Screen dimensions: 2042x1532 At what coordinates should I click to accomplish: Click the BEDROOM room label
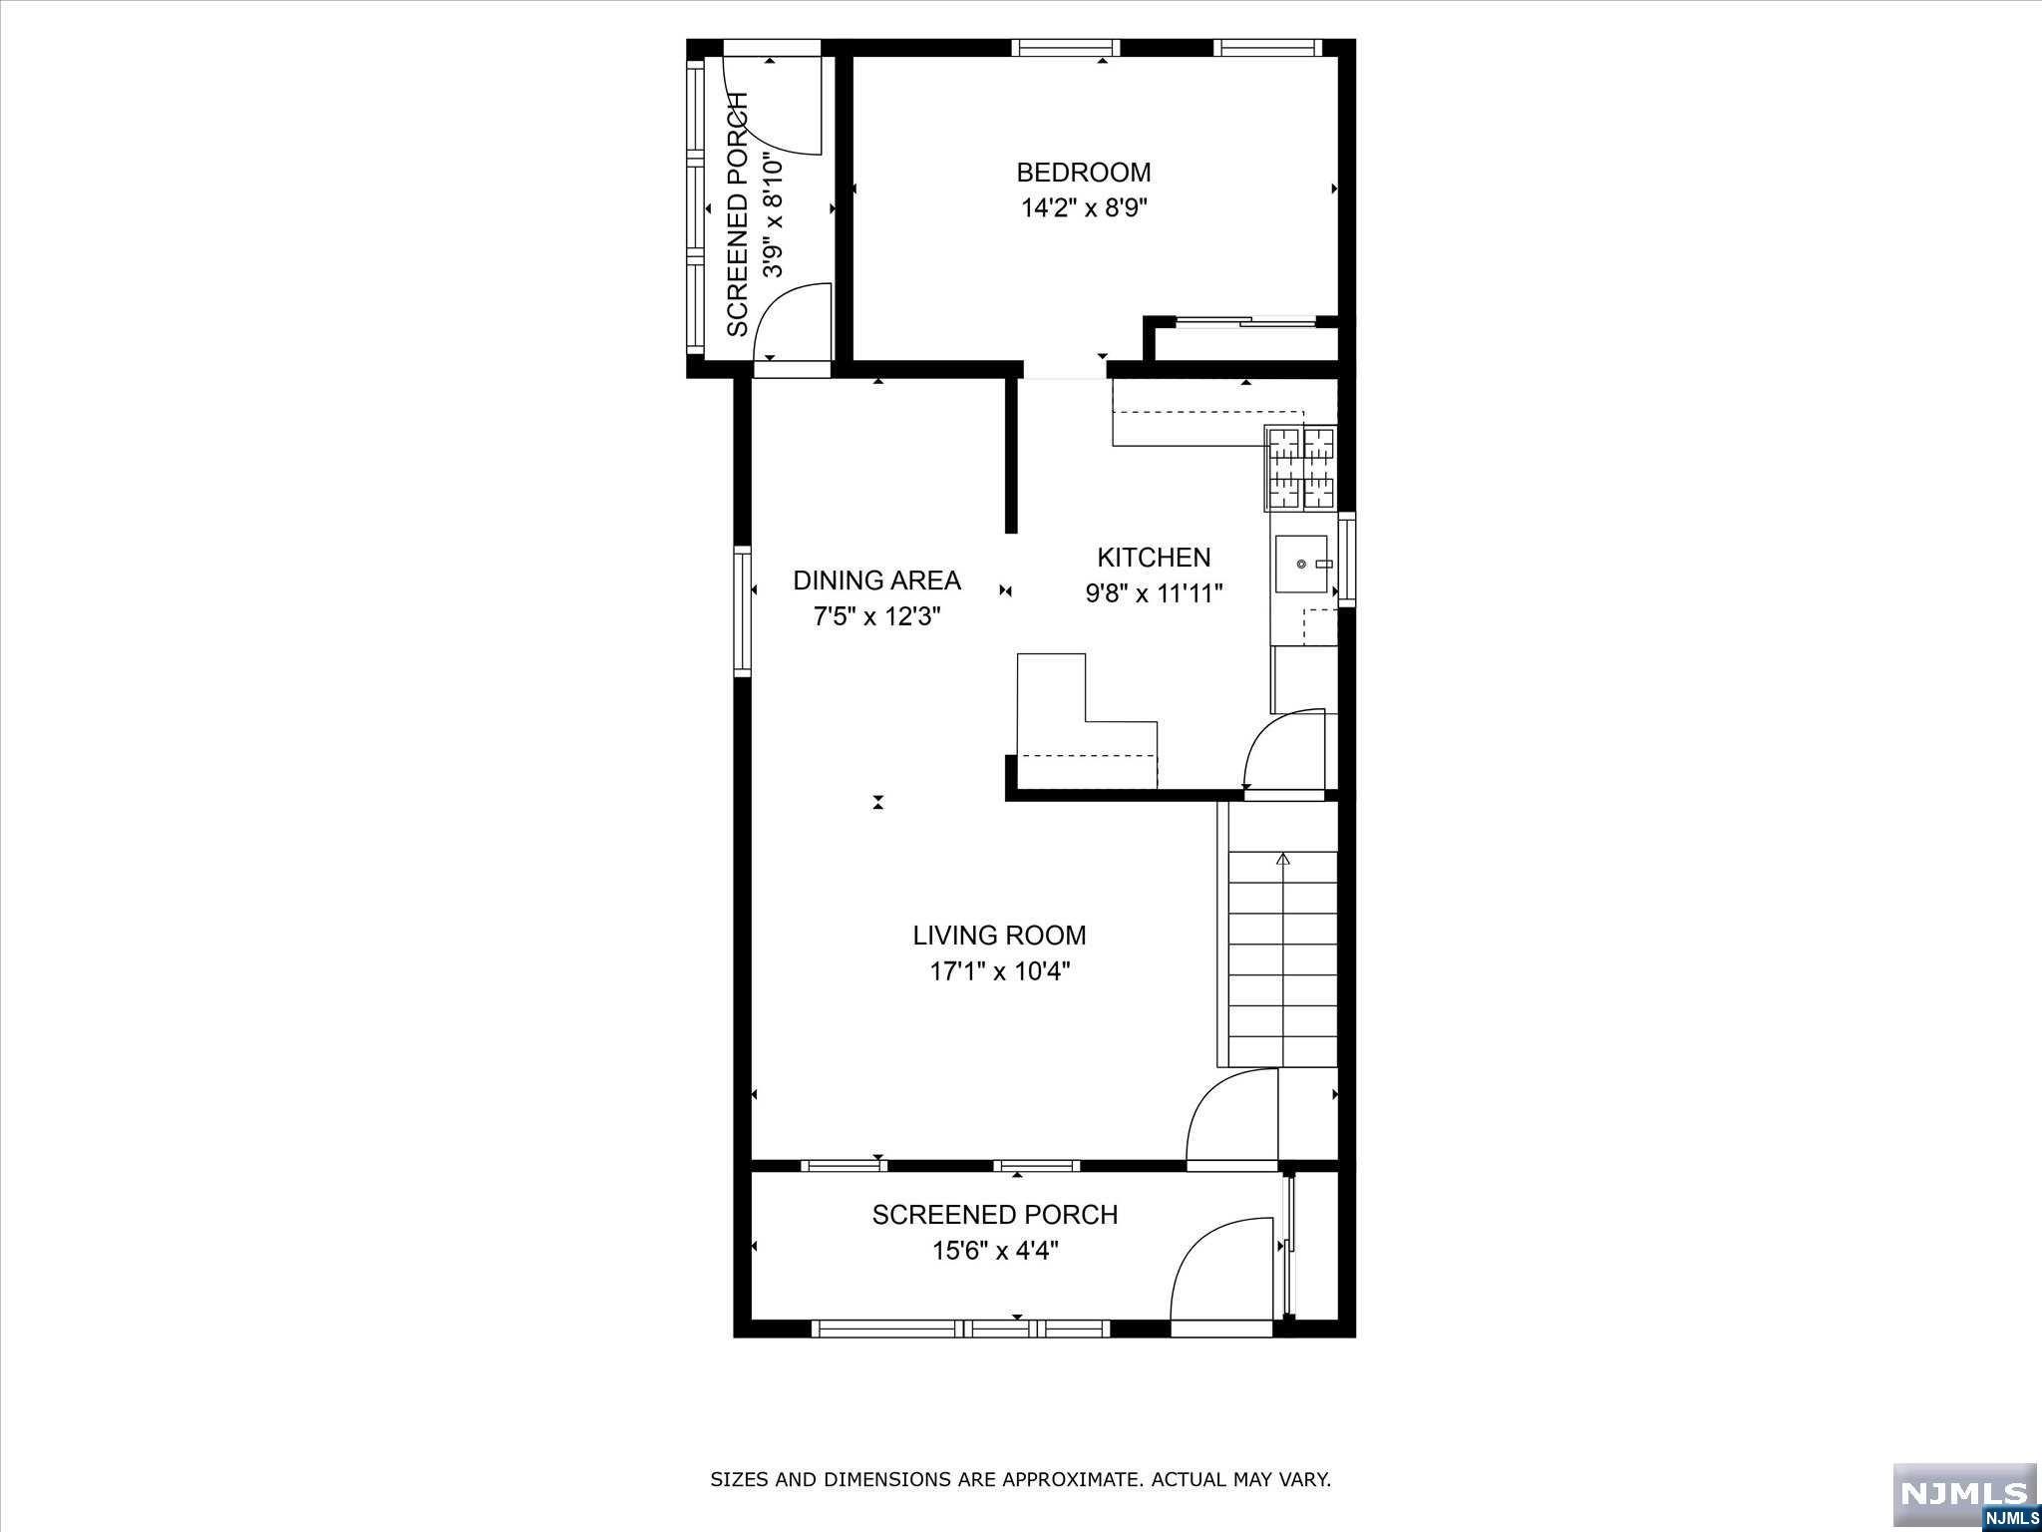(x=1083, y=173)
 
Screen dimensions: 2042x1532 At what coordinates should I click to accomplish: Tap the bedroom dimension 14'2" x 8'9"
(x=1083, y=208)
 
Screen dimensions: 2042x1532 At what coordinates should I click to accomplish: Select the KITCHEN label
(x=1154, y=558)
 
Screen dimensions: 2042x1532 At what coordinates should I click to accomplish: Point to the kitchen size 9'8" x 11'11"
(x=1154, y=593)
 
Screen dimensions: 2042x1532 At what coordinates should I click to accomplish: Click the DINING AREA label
(x=876, y=580)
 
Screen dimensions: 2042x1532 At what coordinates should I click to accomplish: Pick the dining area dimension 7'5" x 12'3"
(x=876, y=616)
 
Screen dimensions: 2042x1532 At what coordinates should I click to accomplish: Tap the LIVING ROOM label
(x=999, y=936)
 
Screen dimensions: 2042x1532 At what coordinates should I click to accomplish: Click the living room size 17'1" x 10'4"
(x=999, y=971)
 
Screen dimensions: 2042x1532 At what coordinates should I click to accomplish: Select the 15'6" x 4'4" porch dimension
(x=995, y=1251)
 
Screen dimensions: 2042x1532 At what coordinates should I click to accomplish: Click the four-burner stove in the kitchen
(x=1300, y=468)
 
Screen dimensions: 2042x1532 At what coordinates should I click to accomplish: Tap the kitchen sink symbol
(x=1302, y=564)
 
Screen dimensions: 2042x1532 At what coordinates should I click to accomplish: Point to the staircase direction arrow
(x=1283, y=858)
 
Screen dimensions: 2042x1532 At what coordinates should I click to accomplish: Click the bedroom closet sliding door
(x=1245, y=321)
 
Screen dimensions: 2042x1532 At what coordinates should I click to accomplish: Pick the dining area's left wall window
(x=742, y=610)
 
